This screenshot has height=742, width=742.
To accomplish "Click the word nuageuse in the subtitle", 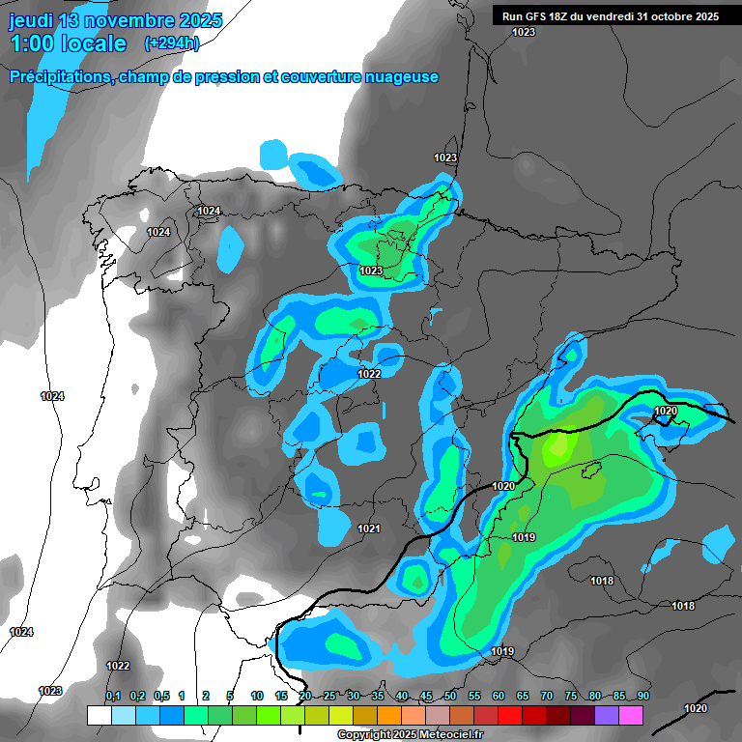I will coord(397,77).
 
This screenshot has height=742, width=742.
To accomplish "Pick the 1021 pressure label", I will coord(369,529).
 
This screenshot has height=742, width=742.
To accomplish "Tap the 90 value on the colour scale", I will coord(642,696).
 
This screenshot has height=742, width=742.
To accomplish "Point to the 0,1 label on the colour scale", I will coord(113,696).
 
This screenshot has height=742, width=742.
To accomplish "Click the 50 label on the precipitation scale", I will coord(450,696).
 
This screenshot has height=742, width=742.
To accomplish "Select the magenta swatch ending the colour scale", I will coord(631,715).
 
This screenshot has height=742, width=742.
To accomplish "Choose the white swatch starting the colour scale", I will coord(99,715).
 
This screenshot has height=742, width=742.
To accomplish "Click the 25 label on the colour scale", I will coord(329,696).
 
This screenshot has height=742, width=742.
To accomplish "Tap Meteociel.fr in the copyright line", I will coord(448,735).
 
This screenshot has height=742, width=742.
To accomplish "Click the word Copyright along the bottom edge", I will coord(364,735).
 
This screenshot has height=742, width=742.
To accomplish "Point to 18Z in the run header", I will coord(567,16).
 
